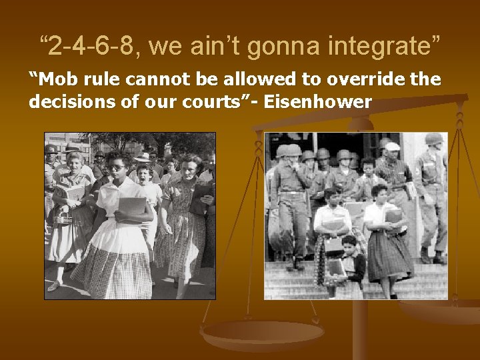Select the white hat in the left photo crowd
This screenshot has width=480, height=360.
142,157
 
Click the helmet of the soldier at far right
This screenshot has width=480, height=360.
433,139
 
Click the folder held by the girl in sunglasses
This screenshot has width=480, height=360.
131,209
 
